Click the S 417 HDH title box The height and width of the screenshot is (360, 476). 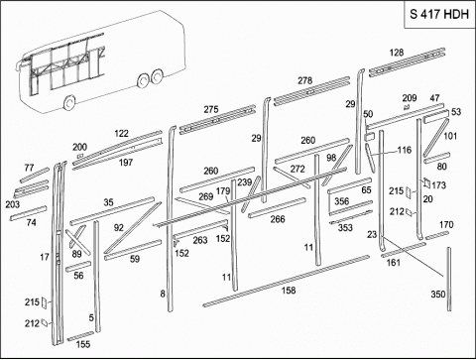(439, 14)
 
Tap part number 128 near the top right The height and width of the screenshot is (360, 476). (397, 53)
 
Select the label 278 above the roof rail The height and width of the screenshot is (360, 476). (304, 80)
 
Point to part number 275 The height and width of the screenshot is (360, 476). (211, 109)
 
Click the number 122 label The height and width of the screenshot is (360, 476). (121, 134)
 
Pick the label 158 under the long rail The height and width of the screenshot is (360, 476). (289, 291)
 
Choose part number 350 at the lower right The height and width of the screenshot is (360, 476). (438, 294)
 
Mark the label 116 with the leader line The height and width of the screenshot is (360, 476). (405, 150)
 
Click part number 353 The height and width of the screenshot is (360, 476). (345, 228)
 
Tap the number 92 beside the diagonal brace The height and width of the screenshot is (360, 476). (118, 228)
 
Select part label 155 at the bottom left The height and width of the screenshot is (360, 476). (83, 344)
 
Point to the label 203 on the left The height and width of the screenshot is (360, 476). (13, 204)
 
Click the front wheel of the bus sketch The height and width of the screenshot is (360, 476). (68, 103)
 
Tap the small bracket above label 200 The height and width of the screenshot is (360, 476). (80, 156)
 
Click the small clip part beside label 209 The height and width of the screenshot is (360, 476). (407, 107)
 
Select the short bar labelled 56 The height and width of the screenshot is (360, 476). (78, 267)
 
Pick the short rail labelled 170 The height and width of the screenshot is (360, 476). (437, 235)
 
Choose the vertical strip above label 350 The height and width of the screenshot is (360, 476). (449, 279)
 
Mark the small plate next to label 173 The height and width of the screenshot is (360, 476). (426, 182)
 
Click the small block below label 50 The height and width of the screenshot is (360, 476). (370, 137)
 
